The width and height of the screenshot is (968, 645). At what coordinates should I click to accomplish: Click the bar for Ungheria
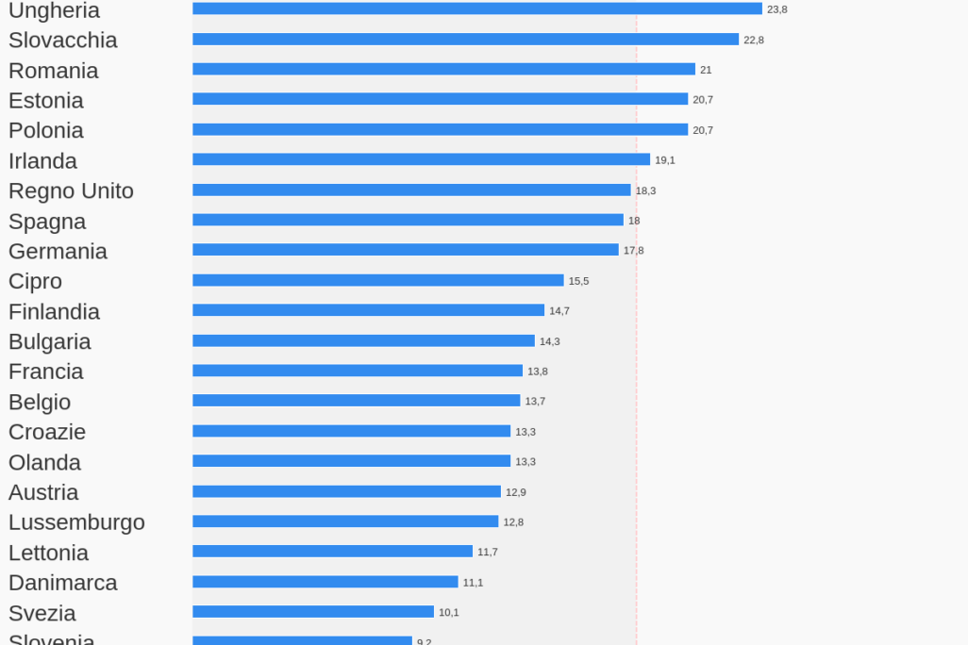476,8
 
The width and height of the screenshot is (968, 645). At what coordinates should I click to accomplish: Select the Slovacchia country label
63,41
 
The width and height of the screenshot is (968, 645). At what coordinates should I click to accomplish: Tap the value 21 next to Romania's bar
706,70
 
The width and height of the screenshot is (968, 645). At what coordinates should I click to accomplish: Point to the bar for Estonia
440,99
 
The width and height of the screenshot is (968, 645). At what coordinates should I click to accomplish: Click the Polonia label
46,130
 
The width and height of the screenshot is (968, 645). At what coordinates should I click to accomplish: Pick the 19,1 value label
665,160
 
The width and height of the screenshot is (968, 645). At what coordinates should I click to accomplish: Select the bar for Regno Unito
411,190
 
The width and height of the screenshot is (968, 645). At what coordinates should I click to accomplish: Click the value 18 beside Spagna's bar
634,221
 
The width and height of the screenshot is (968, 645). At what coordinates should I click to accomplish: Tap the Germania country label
58,252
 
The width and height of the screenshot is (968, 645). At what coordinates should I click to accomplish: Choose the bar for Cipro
377,280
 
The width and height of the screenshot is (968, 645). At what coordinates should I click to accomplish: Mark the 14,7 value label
559,311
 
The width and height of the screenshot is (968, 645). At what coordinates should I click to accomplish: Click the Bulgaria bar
363,340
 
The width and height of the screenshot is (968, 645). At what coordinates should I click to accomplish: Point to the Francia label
46,372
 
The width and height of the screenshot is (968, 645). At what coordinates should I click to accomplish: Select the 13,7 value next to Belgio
535,402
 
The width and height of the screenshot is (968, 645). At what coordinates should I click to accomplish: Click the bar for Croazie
351,431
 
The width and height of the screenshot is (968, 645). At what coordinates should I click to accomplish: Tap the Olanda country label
44,463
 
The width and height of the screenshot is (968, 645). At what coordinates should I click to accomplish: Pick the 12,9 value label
516,492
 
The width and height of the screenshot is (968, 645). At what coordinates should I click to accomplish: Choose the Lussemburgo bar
345,521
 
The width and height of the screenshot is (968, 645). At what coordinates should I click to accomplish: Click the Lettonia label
48,553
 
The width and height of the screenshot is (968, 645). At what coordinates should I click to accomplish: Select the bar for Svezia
313,612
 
